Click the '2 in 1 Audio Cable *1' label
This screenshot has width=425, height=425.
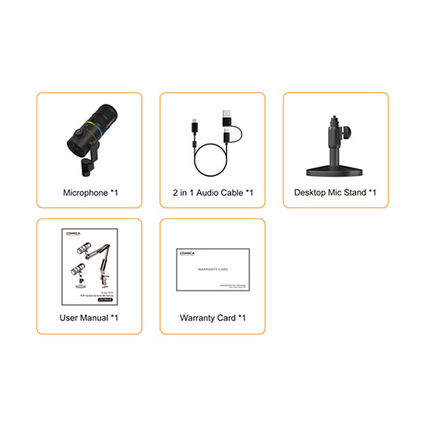pyautogui.click(x=212, y=193)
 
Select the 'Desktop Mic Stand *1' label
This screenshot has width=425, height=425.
pyautogui.click(x=335, y=193)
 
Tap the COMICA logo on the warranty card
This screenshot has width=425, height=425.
pyautogui.click(x=186, y=252)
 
